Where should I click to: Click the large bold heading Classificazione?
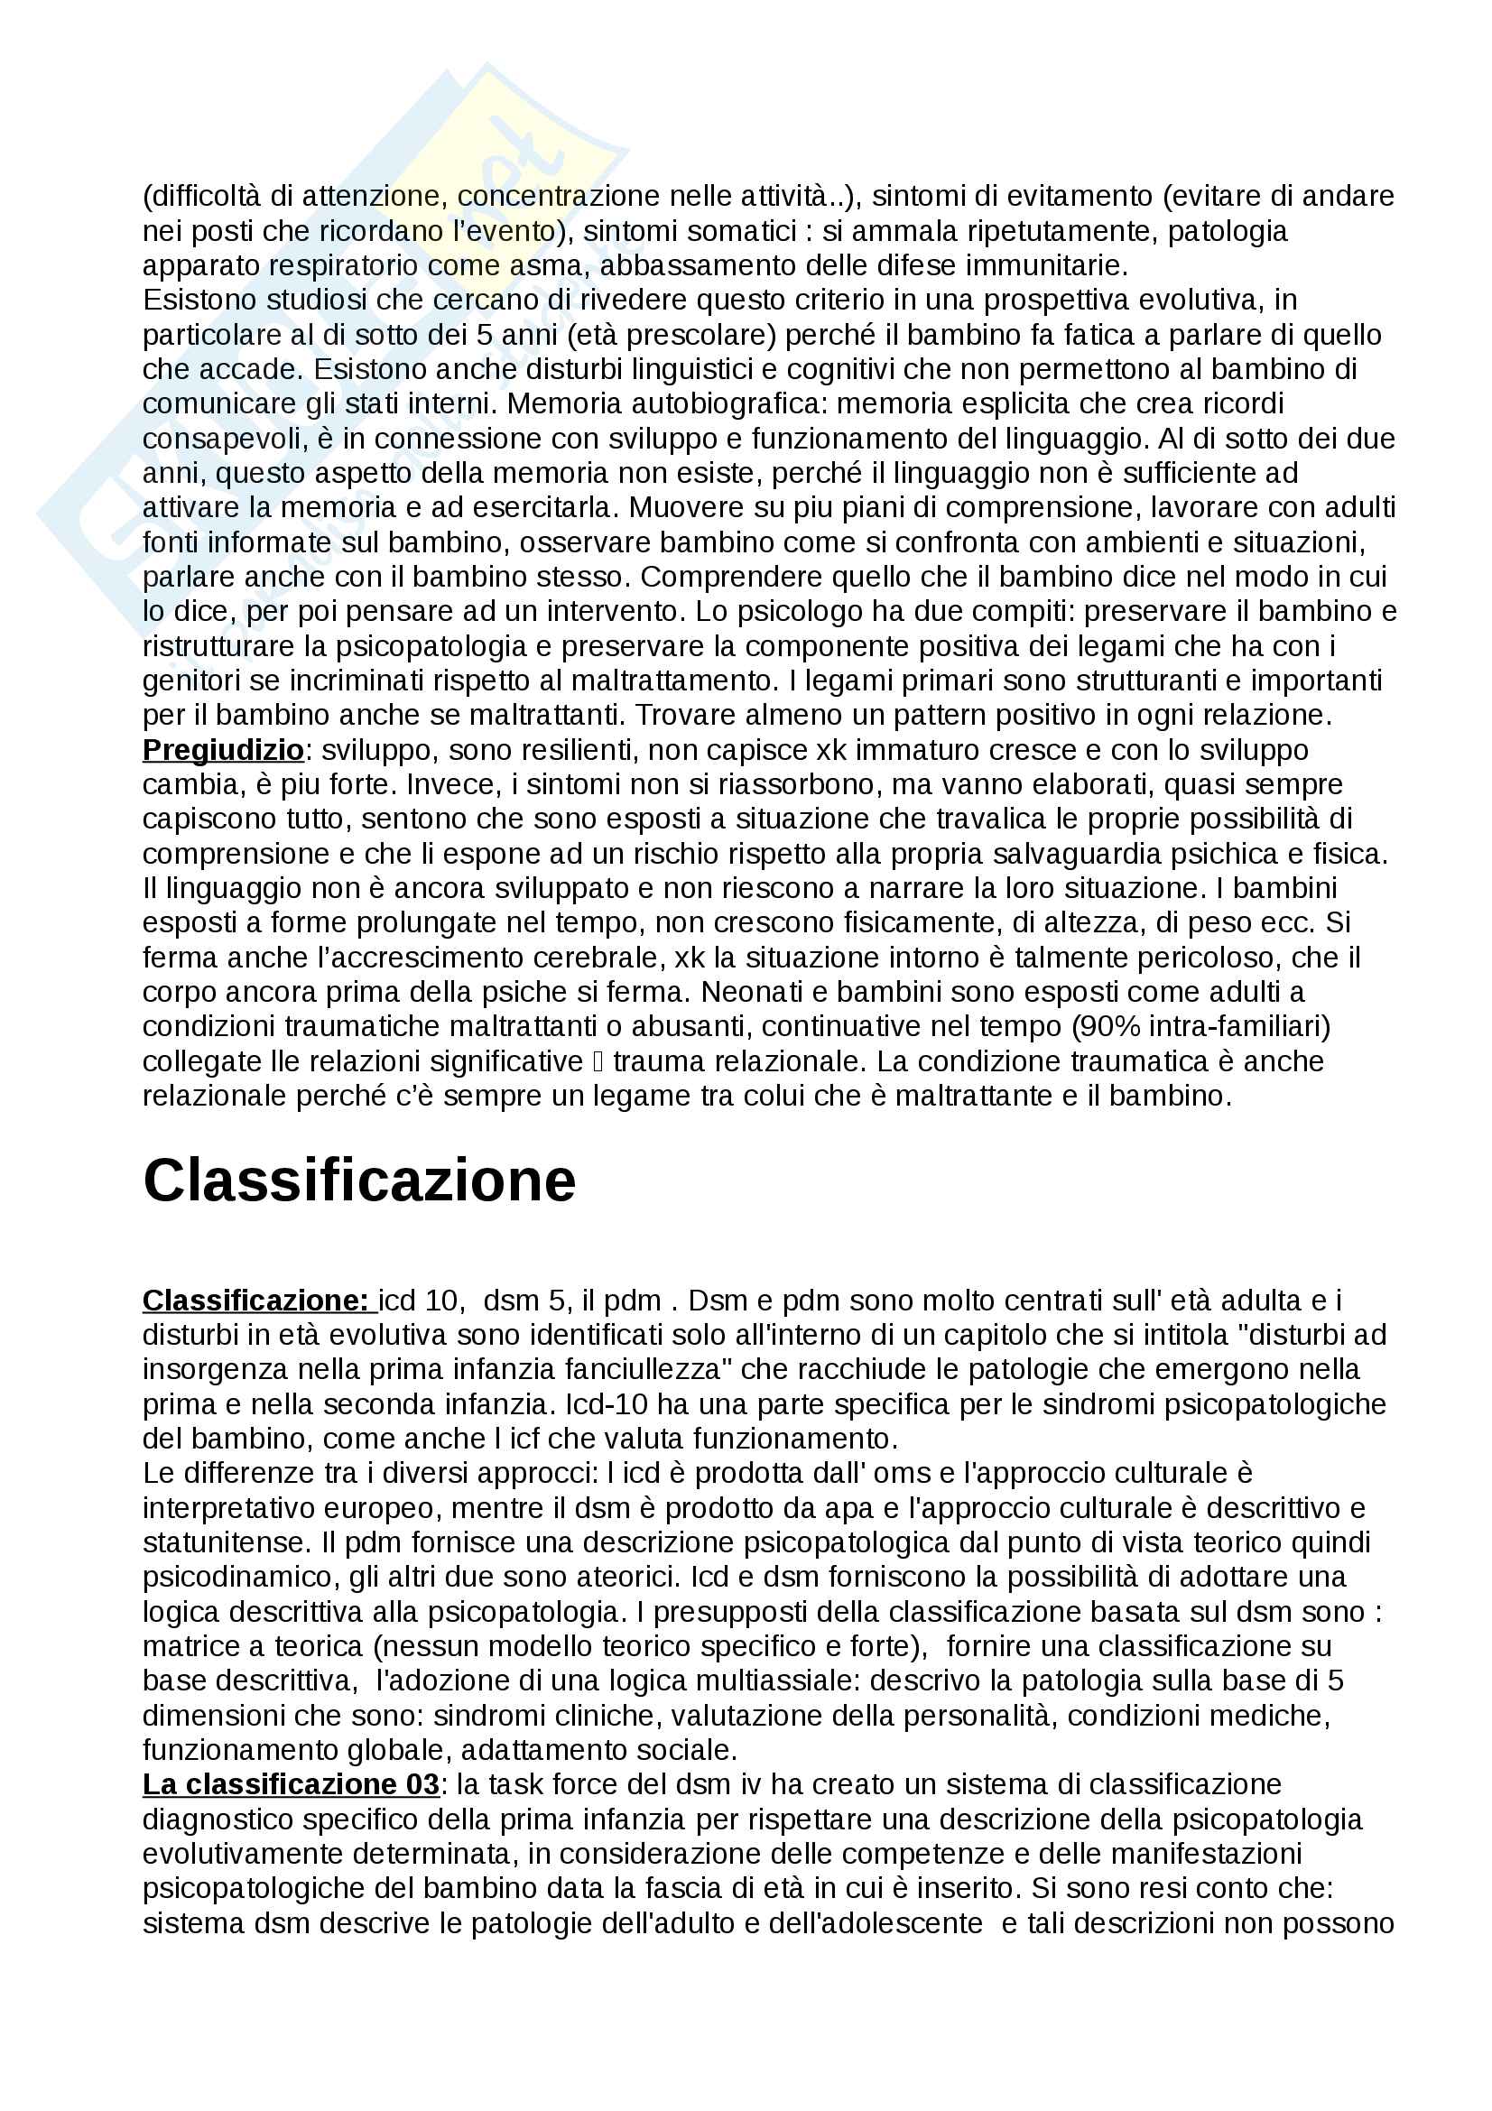358,1180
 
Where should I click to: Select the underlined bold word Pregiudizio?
222,750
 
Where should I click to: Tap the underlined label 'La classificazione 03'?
291,1784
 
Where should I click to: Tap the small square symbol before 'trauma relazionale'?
598,1062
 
